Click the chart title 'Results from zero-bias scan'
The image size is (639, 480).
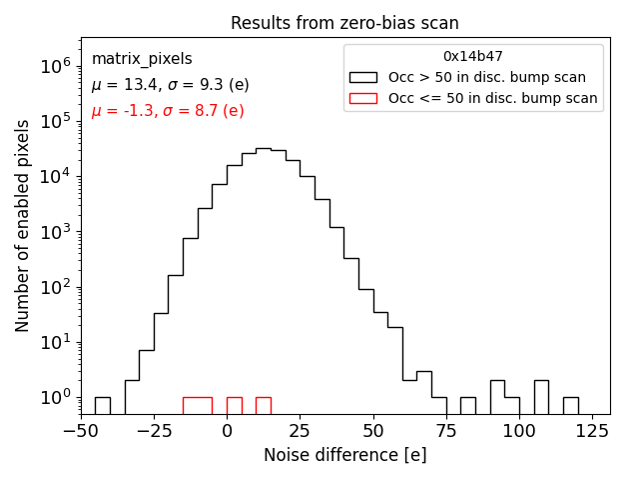[x=344, y=23]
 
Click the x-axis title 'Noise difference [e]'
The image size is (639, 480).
[x=344, y=455]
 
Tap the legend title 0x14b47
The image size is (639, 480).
[x=472, y=57]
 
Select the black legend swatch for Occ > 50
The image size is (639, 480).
[x=363, y=77]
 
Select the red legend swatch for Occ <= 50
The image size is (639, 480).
[x=363, y=98]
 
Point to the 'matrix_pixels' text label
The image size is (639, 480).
[x=142, y=59]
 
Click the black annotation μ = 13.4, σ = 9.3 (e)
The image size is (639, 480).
[x=170, y=85]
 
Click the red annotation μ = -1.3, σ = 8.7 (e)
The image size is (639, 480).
[x=168, y=111]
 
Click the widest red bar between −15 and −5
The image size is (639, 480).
[x=198, y=405]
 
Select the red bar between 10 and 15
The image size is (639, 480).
[x=264, y=405]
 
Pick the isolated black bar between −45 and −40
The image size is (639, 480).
[x=102, y=405]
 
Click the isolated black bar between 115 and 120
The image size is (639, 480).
[x=570, y=405]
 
